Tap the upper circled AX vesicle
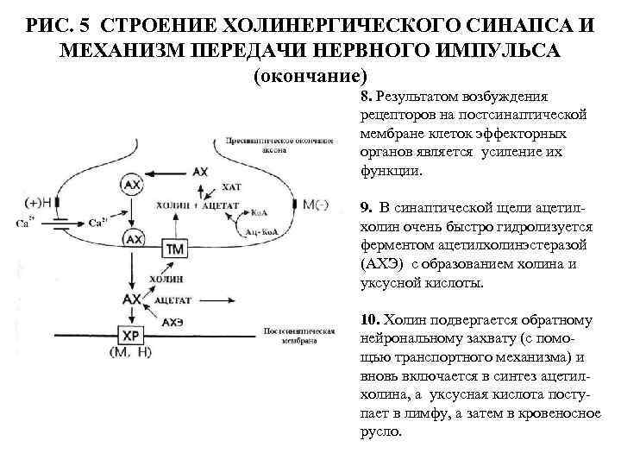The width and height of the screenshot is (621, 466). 132,184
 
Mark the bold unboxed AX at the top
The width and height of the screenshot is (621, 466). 200,172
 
